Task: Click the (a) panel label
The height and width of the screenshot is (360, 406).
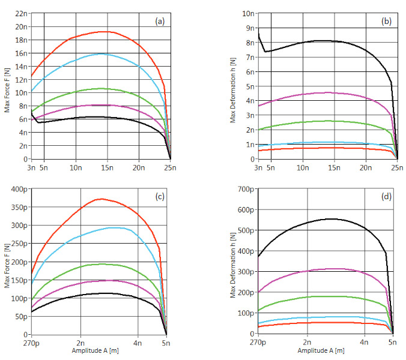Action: tap(160, 21)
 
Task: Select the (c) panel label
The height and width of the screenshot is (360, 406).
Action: tap(160, 197)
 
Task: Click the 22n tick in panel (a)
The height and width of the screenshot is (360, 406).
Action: tap(21, 13)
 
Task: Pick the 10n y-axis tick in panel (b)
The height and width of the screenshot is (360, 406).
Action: tap(247, 13)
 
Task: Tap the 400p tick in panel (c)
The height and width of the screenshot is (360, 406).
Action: tap(19, 190)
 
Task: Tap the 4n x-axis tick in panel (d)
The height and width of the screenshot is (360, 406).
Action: tap(364, 343)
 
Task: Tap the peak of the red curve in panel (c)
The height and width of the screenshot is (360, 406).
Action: tap(102, 199)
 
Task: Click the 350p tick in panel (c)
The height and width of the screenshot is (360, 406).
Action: tap(19, 208)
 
